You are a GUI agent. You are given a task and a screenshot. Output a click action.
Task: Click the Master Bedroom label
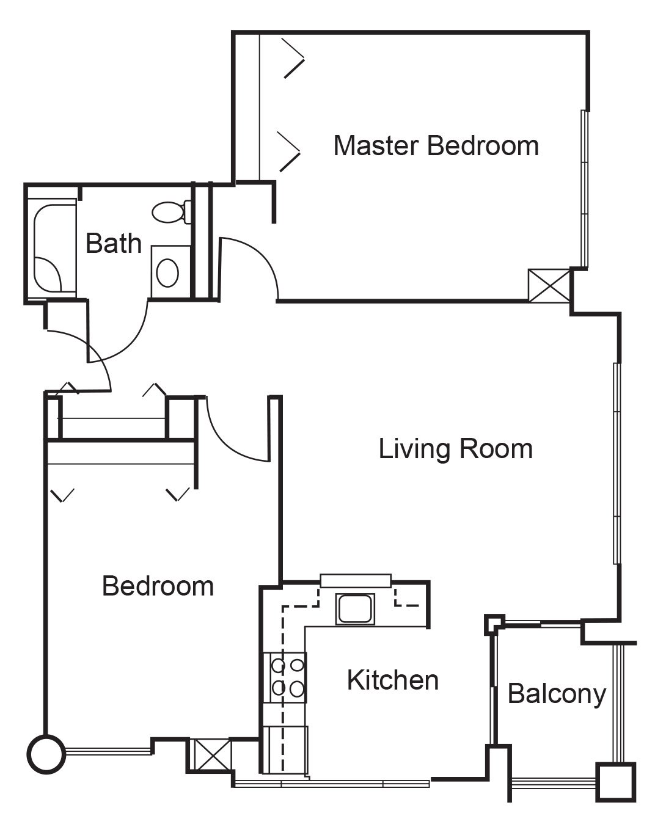click(436, 146)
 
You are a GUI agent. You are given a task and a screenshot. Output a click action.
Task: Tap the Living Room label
click(456, 449)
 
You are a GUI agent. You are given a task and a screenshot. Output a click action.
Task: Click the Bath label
click(114, 243)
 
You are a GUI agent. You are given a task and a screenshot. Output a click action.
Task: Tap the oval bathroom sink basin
click(167, 273)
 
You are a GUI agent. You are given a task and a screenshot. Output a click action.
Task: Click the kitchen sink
click(356, 609)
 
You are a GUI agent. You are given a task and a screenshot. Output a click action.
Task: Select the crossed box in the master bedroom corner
click(549, 285)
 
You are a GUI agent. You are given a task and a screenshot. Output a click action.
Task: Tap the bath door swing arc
click(131, 343)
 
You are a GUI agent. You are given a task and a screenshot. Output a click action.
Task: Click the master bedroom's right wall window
click(585, 189)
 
